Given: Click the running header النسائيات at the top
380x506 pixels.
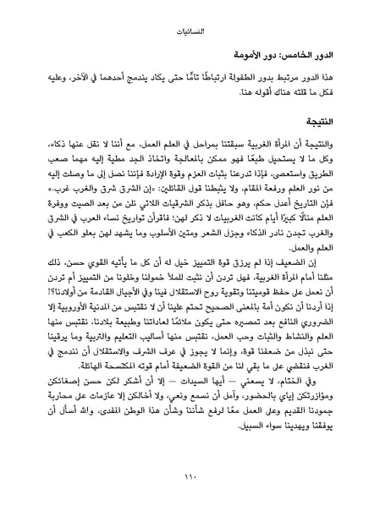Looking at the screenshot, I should click(190, 38).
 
